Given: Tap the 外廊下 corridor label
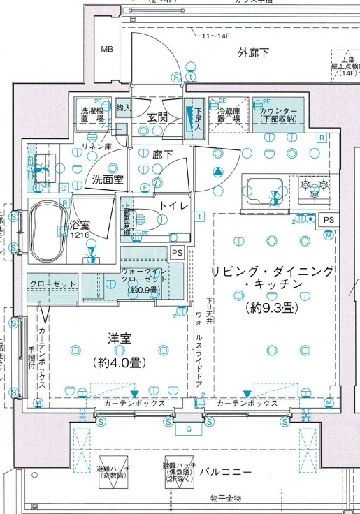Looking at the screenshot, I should click(253, 52).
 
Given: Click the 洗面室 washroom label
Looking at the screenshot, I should click(108, 179).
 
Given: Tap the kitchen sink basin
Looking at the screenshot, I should click(263, 189).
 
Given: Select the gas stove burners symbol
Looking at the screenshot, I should click(314, 186).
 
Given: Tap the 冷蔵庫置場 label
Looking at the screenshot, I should click(229, 116).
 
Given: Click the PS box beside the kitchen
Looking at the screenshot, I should click(329, 220).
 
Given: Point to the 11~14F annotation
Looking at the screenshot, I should click(217, 35).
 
